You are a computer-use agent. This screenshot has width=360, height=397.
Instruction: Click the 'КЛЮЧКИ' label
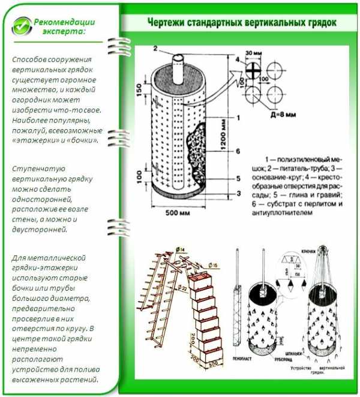pyautogui.click(x=310, y=250)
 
